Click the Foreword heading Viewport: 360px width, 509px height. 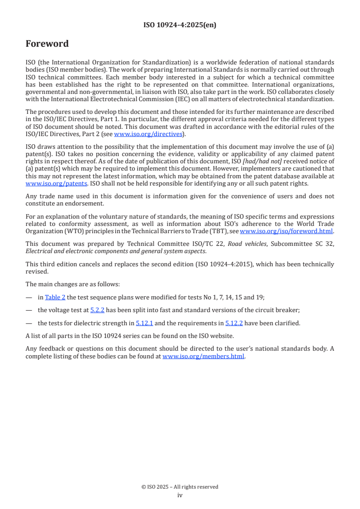click(x=47, y=44)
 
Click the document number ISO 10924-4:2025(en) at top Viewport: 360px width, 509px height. click(x=180, y=25)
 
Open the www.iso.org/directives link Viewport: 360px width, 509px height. click(x=148, y=134)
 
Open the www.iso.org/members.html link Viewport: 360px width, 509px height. click(x=203, y=356)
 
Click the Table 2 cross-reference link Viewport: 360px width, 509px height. click(x=55, y=297)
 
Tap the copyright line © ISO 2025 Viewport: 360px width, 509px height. click(x=180, y=487)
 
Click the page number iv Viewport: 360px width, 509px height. click(x=180, y=495)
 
